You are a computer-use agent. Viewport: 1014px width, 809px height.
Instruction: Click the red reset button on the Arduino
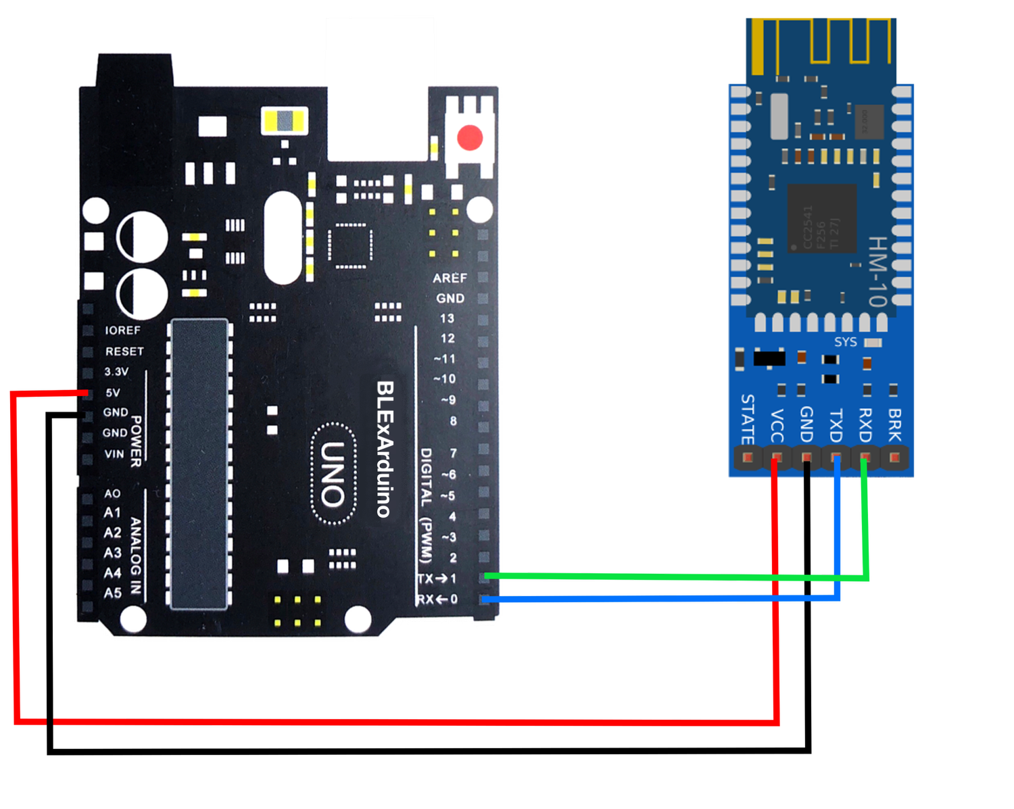coord(470,137)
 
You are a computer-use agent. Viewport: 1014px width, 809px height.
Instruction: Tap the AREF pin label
coord(450,278)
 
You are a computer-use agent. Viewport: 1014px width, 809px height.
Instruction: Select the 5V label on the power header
coord(112,392)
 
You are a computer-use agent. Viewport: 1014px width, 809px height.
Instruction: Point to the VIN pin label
coord(114,453)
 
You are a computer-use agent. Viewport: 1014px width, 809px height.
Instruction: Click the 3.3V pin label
coord(116,372)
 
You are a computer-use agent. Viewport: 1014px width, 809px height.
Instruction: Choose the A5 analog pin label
coord(112,593)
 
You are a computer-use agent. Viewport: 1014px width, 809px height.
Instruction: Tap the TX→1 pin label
coord(437,579)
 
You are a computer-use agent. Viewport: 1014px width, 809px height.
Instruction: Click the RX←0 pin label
coord(437,599)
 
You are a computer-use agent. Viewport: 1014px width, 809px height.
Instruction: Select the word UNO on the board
coord(333,474)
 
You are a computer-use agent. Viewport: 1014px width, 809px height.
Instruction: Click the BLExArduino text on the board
coord(384,449)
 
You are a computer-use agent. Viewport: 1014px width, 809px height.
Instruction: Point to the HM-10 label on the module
coord(877,271)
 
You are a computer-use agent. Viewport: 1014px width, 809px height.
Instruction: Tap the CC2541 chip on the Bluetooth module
coord(821,218)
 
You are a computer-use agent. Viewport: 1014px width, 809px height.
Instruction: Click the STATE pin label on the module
coord(747,419)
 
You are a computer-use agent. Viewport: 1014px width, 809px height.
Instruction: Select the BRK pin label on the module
coord(894,424)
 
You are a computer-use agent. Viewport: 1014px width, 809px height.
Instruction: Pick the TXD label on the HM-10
coord(836,424)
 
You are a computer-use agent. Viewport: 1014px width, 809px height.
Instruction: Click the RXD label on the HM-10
coord(865,424)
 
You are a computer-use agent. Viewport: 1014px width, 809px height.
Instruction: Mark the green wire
coord(676,577)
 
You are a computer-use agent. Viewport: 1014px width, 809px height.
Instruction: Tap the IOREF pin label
coord(122,330)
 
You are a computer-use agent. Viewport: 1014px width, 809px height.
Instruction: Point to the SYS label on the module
coord(845,342)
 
